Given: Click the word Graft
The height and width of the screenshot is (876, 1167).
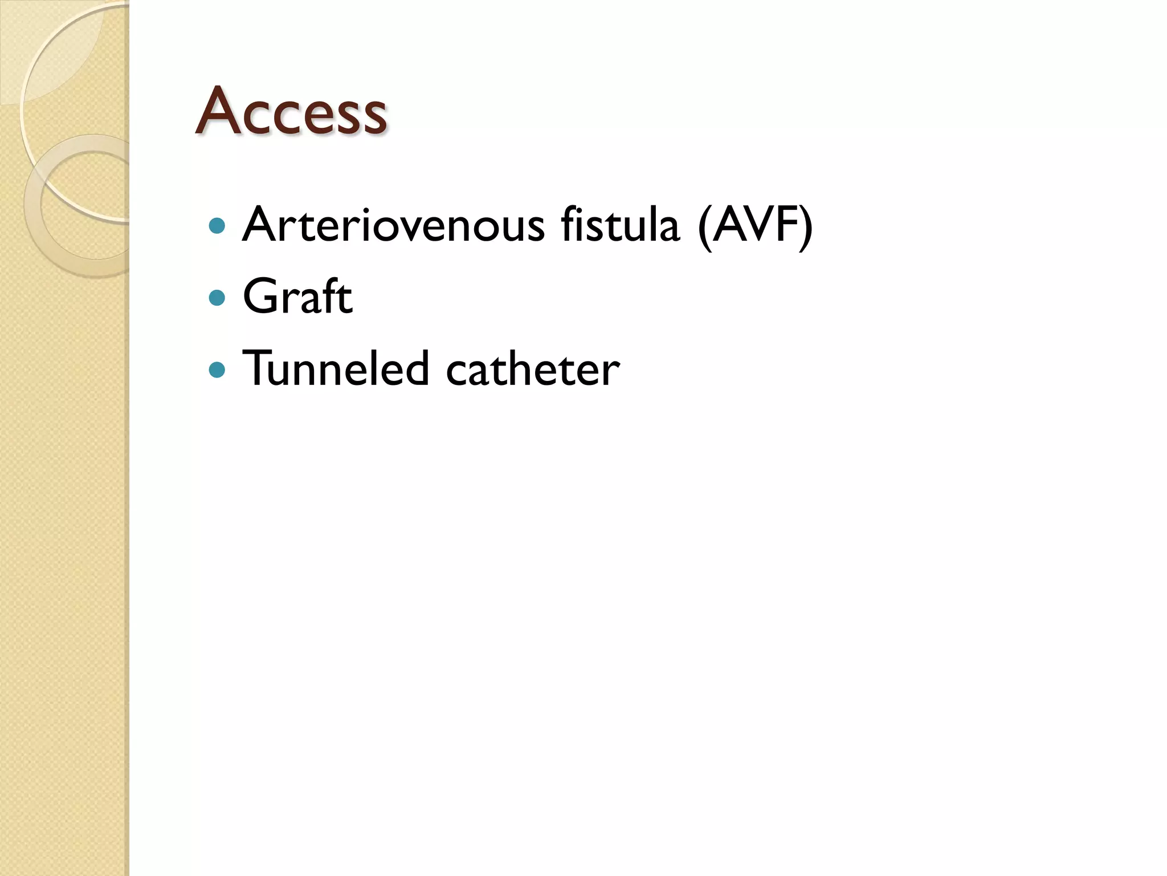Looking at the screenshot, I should pyautogui.click(x=297, y=297).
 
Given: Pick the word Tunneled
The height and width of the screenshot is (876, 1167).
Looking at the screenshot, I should pyautogui.click(x=336, y=368).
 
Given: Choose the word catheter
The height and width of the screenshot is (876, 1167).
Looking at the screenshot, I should pyautogui.click(x=533, y=370).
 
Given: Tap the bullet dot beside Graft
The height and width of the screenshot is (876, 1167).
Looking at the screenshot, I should pyautogui.click(x=217, y=298).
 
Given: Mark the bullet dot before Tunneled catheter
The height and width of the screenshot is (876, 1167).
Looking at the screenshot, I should pyautogui.click(x=217, y=370).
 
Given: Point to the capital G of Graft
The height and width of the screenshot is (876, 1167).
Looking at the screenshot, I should pyautogui.click(x=262, y=297).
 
